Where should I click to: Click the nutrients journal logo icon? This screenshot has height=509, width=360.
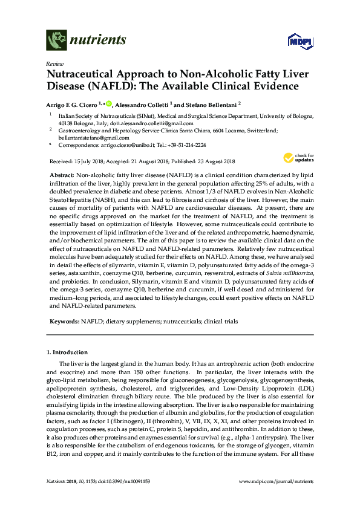point(56,40)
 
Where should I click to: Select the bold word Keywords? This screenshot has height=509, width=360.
point(63,321)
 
